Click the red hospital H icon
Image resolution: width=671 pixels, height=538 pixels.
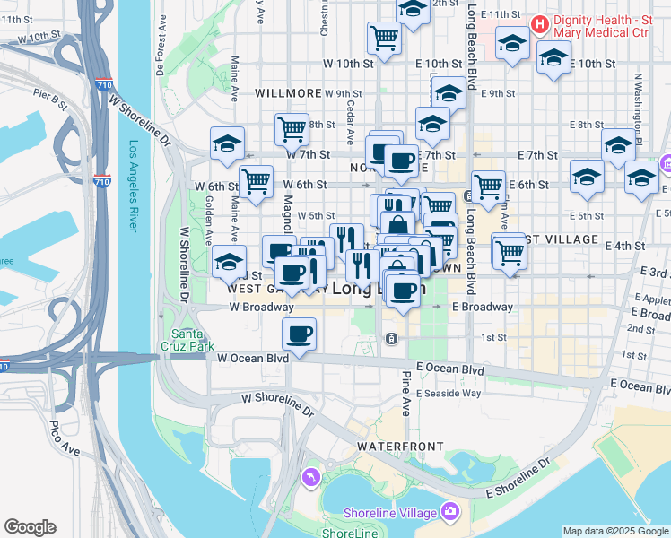click(x=539, y=24)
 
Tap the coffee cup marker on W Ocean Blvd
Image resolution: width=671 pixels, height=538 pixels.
click(x=299, y=334)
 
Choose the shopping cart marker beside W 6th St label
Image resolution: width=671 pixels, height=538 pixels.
click(x=257, y=180)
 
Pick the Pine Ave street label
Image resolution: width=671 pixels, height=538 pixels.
click(x=405, y=393)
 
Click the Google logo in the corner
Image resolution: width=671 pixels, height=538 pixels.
click(x=30, y=527)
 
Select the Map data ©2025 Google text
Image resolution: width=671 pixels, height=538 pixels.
click(x=615, y=531)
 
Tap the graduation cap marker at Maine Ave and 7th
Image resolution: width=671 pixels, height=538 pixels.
click(x=228, y=143)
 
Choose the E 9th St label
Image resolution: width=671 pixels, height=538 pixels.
click(x=498, y=92)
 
